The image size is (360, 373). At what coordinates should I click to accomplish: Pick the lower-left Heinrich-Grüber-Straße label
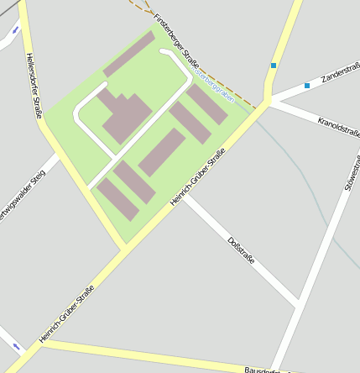coord(66,313)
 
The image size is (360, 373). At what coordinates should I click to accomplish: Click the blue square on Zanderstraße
coord(307,86)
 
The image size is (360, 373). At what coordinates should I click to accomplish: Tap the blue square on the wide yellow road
coord(273,66)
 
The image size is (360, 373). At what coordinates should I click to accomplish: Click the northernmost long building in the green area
coord(129,55)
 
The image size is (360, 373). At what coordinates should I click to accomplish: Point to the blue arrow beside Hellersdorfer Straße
coord(15,30)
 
